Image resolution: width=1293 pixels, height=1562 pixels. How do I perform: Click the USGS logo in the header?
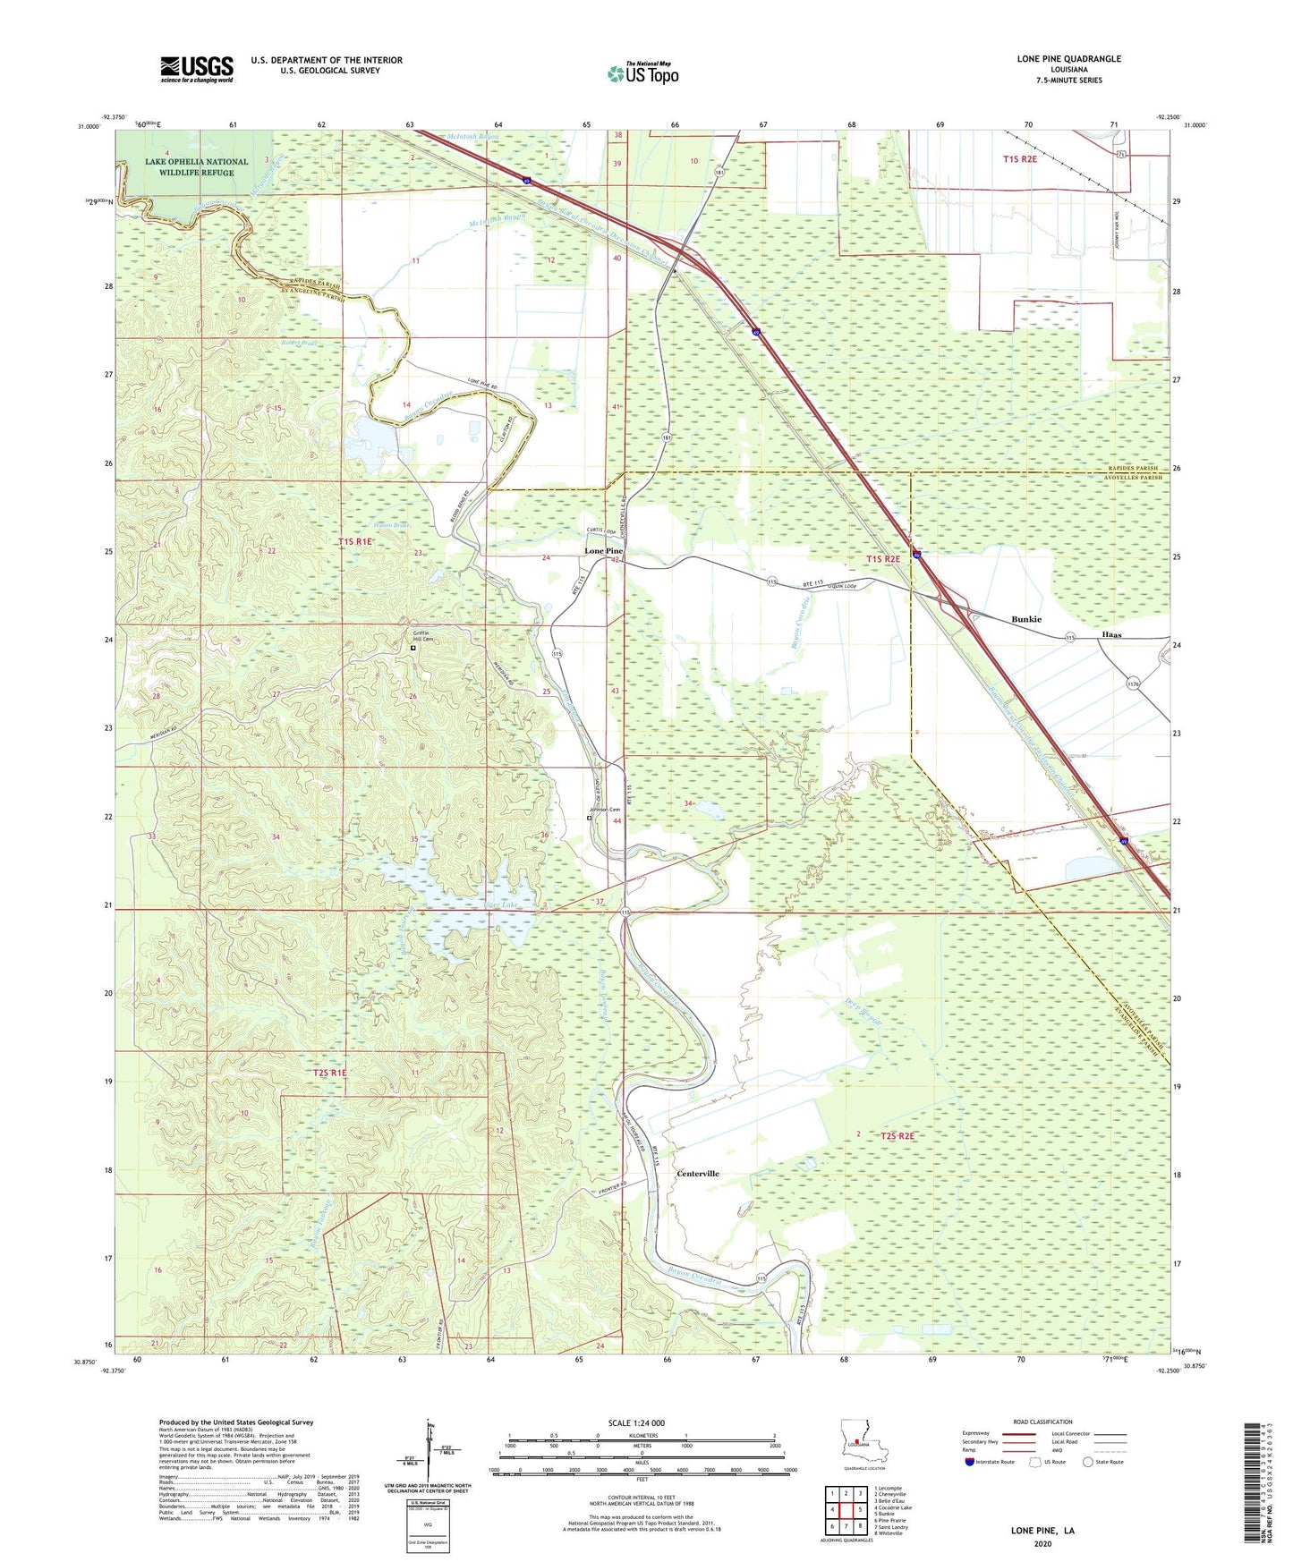tap(197, 69)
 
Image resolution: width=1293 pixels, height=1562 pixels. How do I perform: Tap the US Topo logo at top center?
tap(642, 73)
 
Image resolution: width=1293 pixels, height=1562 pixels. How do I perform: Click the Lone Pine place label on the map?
tap(603, 551)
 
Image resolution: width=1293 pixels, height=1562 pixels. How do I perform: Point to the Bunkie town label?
tap(1026, 619)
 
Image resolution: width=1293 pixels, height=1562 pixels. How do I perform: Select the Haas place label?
tap(1111, 634)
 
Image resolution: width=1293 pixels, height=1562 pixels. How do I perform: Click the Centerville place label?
tap(698, 1173)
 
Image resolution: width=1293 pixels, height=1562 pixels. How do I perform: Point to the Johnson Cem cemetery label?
tap(604, 811)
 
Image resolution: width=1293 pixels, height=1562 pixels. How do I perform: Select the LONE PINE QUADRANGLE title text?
tap(1068, 59)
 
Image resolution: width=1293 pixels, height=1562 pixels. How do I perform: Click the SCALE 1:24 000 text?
tap(636, 1422)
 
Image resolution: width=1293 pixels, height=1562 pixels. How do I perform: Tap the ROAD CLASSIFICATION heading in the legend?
tap(1042, 1422)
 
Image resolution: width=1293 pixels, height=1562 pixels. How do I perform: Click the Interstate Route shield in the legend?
tap(969, 1462)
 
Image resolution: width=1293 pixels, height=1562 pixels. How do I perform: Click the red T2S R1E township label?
tap(329, 1073)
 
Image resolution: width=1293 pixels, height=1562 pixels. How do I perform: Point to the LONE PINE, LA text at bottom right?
tap(1042, 1531)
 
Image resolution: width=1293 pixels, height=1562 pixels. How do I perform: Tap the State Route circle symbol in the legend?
tap(1088, 1462)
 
